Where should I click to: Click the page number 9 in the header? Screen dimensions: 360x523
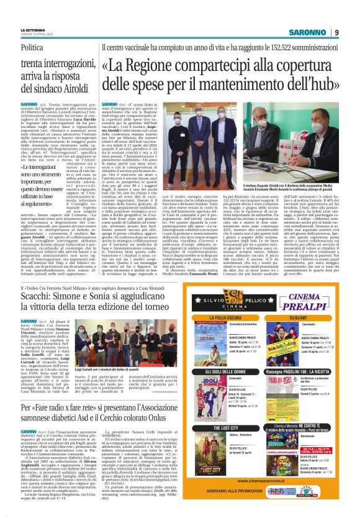(336, 32)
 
